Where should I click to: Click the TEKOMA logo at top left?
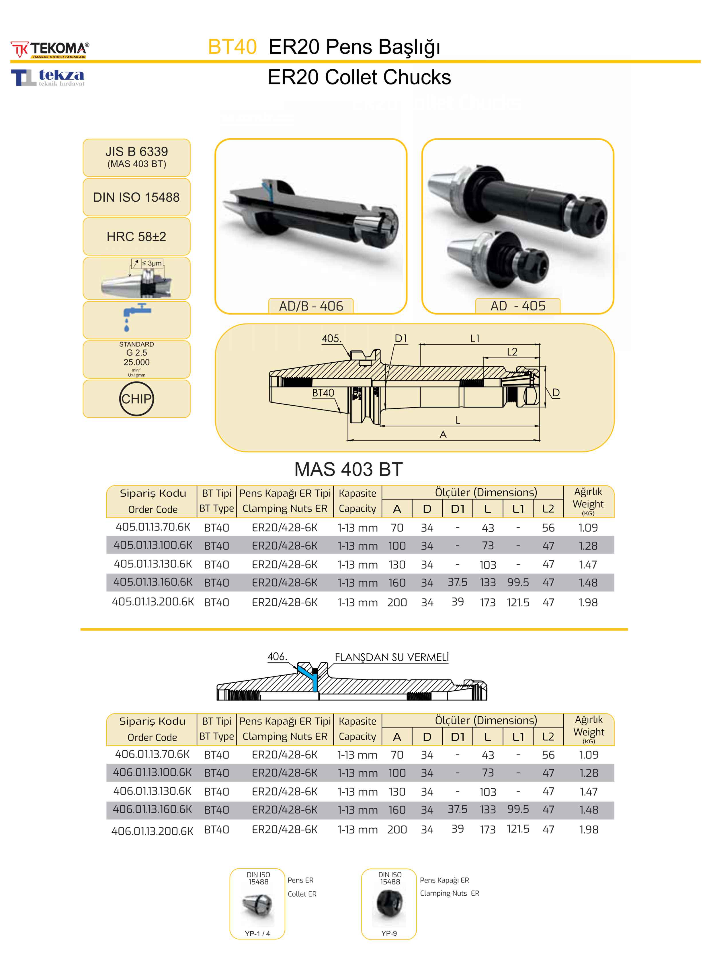coord(50,50)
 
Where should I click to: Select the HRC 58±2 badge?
coord(136,237)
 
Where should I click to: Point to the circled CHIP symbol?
coord(136,399)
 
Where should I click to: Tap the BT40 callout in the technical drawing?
coord(323,393)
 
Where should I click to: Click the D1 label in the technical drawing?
coord(401,339)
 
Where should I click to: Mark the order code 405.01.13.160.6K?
coord(153,582)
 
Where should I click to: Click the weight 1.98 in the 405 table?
coord(588,603)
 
